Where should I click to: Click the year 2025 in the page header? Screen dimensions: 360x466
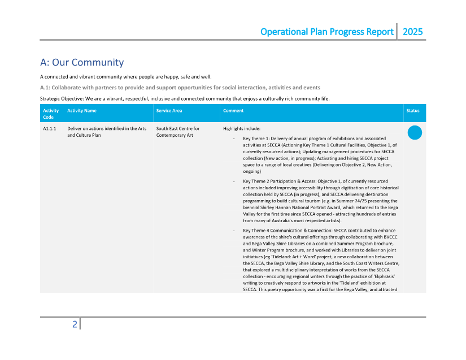[x=412, y=32]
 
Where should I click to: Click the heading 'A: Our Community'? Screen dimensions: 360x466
[x=82, y=62]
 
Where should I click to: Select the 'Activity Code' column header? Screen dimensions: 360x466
[x=51, y=114]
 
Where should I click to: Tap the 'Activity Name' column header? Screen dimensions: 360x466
[x=82, y=111]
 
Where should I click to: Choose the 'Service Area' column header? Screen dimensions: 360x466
[x=169, y=111]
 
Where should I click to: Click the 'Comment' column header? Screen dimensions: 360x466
[x=233, y=111]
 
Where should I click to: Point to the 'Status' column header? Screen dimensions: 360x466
[x=413, y=111]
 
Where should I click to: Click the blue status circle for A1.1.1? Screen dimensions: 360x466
[x=415, y=133]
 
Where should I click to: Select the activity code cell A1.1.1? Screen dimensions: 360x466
[x=50, y=129]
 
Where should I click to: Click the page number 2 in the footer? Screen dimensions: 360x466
[x=75, y=324]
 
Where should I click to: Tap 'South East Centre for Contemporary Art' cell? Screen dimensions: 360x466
[x=177, y=132]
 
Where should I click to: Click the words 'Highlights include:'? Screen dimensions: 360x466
[x=242, y=129]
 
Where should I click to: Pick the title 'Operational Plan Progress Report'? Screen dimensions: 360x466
[x=326, y=32]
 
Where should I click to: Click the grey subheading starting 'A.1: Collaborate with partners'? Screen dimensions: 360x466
[x=180, y=88]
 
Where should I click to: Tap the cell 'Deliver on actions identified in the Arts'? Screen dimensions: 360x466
[x=107, y=129]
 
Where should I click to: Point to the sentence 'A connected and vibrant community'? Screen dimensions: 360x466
[x=125, y=77]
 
